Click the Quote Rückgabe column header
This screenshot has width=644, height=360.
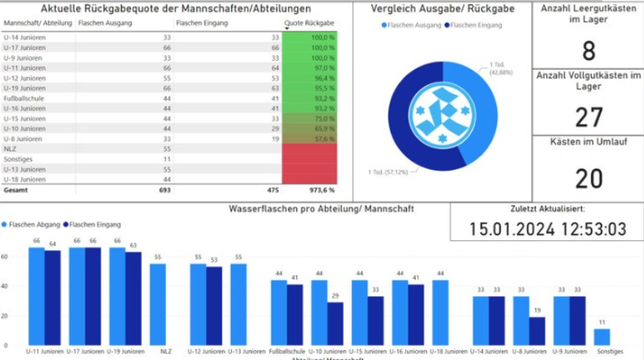coord(310,23)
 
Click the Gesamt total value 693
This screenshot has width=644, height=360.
coord(163,191)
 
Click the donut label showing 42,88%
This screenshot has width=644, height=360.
coord(500,68)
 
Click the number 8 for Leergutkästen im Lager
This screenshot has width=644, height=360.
coord(588,52)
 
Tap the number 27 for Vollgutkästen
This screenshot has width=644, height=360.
coord(588,117)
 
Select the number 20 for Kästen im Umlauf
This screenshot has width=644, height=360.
coord(588,178)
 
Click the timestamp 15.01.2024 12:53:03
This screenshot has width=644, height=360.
coord(547,229)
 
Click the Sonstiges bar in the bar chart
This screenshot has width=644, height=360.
coord(602,337)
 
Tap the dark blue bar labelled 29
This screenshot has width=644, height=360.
coord(336,324)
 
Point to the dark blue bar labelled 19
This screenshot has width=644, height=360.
coord(537,331)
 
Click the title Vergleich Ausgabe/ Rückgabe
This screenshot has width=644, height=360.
coord(443,8)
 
